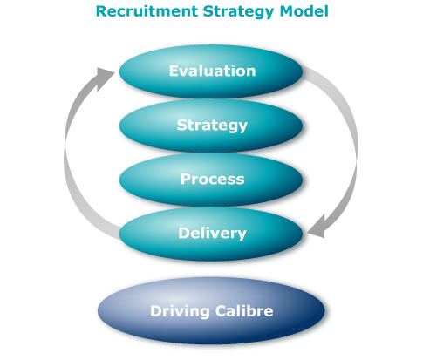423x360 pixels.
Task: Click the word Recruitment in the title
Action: pos(145,12)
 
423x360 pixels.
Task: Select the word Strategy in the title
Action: pos(234,12)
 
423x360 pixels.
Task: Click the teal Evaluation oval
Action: pos(212,71)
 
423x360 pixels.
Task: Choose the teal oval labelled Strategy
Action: pos(212,126)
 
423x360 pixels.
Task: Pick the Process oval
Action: pos(212,180)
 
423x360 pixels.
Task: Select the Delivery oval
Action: pos(212,233)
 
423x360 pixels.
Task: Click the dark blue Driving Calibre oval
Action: pos(212,311)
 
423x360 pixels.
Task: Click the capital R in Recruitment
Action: pos(101,12)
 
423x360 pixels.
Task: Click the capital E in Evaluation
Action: pos(174,71)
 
